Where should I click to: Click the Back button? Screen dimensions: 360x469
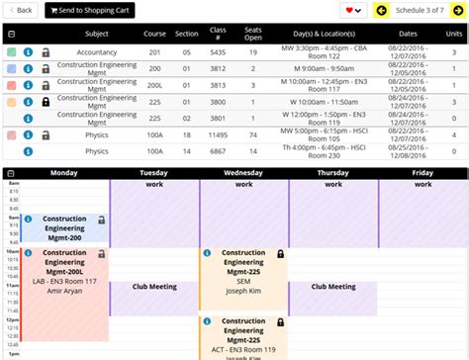(x=22, y=10)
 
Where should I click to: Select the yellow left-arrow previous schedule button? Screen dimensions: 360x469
(x=381, y=10)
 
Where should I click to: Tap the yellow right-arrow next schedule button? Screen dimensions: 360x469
(x=458, y=10)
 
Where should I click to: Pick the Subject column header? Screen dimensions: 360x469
(x=96, y=34)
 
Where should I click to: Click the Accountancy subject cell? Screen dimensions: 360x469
(x=96, y=51)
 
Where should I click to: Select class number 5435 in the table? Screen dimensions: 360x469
(x=218, y=51)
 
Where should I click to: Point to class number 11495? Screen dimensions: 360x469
(x=218, y=135)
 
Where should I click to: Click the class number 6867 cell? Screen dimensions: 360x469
(x=218, y=151)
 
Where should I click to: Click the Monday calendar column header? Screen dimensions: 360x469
(x=63, y=173)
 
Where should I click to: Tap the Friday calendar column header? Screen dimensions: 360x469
(x=422, y=173)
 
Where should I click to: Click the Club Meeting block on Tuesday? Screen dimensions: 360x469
(x=154, y=287)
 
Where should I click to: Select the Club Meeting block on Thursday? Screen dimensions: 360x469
(x=332, y=287)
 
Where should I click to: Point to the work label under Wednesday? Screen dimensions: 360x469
(x=243, y=184)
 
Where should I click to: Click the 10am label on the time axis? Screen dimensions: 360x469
(x=12, y=251)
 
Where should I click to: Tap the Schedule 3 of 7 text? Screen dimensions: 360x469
(x=420, y=10)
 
